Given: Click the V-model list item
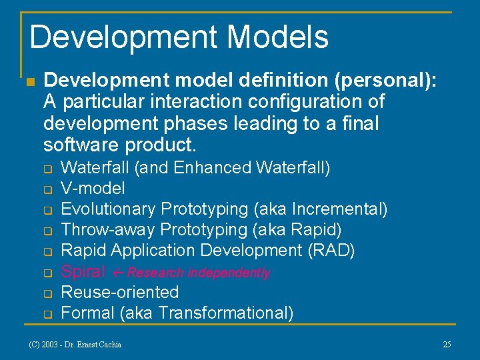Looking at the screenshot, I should (93, 188).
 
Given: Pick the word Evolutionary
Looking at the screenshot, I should (108, 209).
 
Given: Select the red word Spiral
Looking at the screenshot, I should (83, 271).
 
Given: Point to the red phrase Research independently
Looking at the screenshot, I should (198, 273).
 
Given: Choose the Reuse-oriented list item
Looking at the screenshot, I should (119, 292).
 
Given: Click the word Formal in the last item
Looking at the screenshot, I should (84, 313).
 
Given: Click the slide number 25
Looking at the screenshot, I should (447, 345).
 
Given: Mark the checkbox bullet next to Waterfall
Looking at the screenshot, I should (48, 168).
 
